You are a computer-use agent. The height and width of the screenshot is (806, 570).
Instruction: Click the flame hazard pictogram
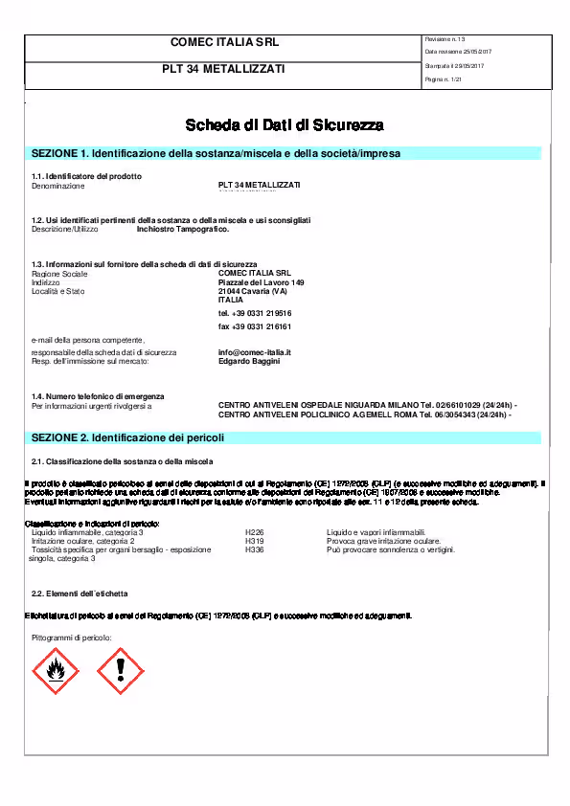56,672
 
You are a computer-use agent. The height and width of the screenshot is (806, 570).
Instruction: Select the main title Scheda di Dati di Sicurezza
285,125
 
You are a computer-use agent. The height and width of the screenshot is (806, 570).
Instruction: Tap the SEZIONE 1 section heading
217,153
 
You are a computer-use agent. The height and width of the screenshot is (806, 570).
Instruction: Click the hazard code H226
255,532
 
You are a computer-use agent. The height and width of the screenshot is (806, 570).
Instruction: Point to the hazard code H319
255,541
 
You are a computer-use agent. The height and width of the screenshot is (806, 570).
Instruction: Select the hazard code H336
255,549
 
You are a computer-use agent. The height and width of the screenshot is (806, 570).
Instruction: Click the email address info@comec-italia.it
254,352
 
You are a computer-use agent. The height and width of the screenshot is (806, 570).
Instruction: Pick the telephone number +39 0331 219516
255,313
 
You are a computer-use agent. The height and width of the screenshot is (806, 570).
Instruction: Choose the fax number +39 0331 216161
255,326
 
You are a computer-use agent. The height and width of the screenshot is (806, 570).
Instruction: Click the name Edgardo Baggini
251,361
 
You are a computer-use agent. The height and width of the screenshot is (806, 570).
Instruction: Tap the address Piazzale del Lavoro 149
261,283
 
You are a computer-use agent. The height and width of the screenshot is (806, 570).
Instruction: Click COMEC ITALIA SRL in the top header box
224,43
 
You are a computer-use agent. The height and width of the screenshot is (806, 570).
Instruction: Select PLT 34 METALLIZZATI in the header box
224,69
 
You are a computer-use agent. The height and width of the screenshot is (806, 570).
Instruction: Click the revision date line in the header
458,51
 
